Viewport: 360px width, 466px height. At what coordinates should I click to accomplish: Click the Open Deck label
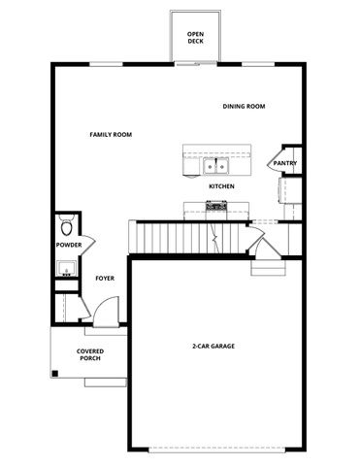tap(196, 38)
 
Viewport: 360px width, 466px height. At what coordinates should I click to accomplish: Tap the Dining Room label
tap(244, 107)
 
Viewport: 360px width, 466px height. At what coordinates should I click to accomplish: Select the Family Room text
tap(111, 135)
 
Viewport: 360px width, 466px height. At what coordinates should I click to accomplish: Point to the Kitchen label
tap(220, 185)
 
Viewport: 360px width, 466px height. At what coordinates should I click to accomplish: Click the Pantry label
tap(285, 163)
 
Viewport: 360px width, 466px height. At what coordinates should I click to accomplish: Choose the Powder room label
tap(69, 246)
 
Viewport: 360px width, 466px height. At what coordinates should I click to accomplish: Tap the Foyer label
tap(105, 279)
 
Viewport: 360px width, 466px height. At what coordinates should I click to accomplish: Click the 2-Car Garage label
tap(213, 346)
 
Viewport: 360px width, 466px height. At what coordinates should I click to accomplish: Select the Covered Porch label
tap(90, 354)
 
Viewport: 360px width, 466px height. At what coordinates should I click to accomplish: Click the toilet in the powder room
tap(66, 227)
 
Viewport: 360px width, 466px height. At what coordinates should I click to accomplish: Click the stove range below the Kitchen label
tap(215, 206)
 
